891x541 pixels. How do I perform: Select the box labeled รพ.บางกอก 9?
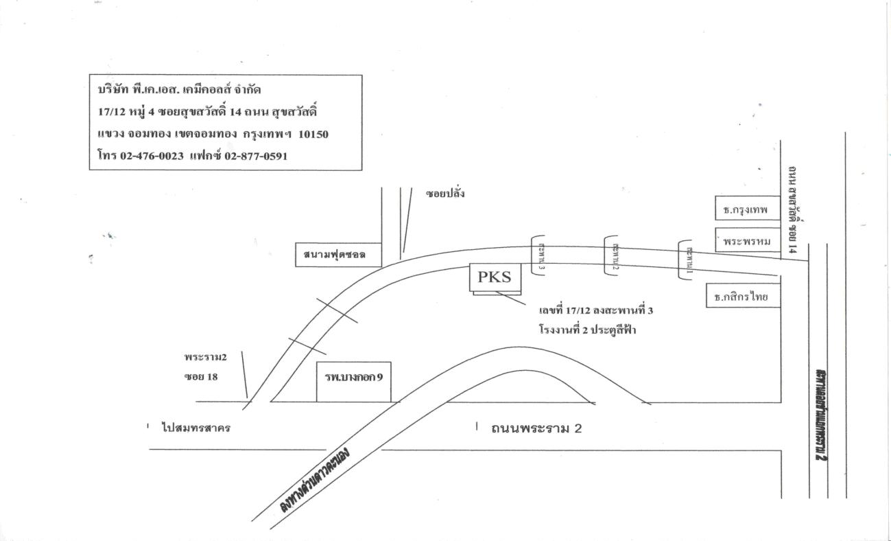pos(353,377)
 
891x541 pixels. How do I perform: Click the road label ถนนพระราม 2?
pos(536,429)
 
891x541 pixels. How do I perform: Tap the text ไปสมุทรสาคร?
pos(196,428)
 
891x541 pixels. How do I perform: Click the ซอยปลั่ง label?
pos(445,194)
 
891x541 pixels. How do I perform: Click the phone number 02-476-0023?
pos(152,156)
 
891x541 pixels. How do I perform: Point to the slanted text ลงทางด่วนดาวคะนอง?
pos(316,481)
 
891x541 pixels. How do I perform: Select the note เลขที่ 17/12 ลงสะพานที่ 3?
pos(595,310)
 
